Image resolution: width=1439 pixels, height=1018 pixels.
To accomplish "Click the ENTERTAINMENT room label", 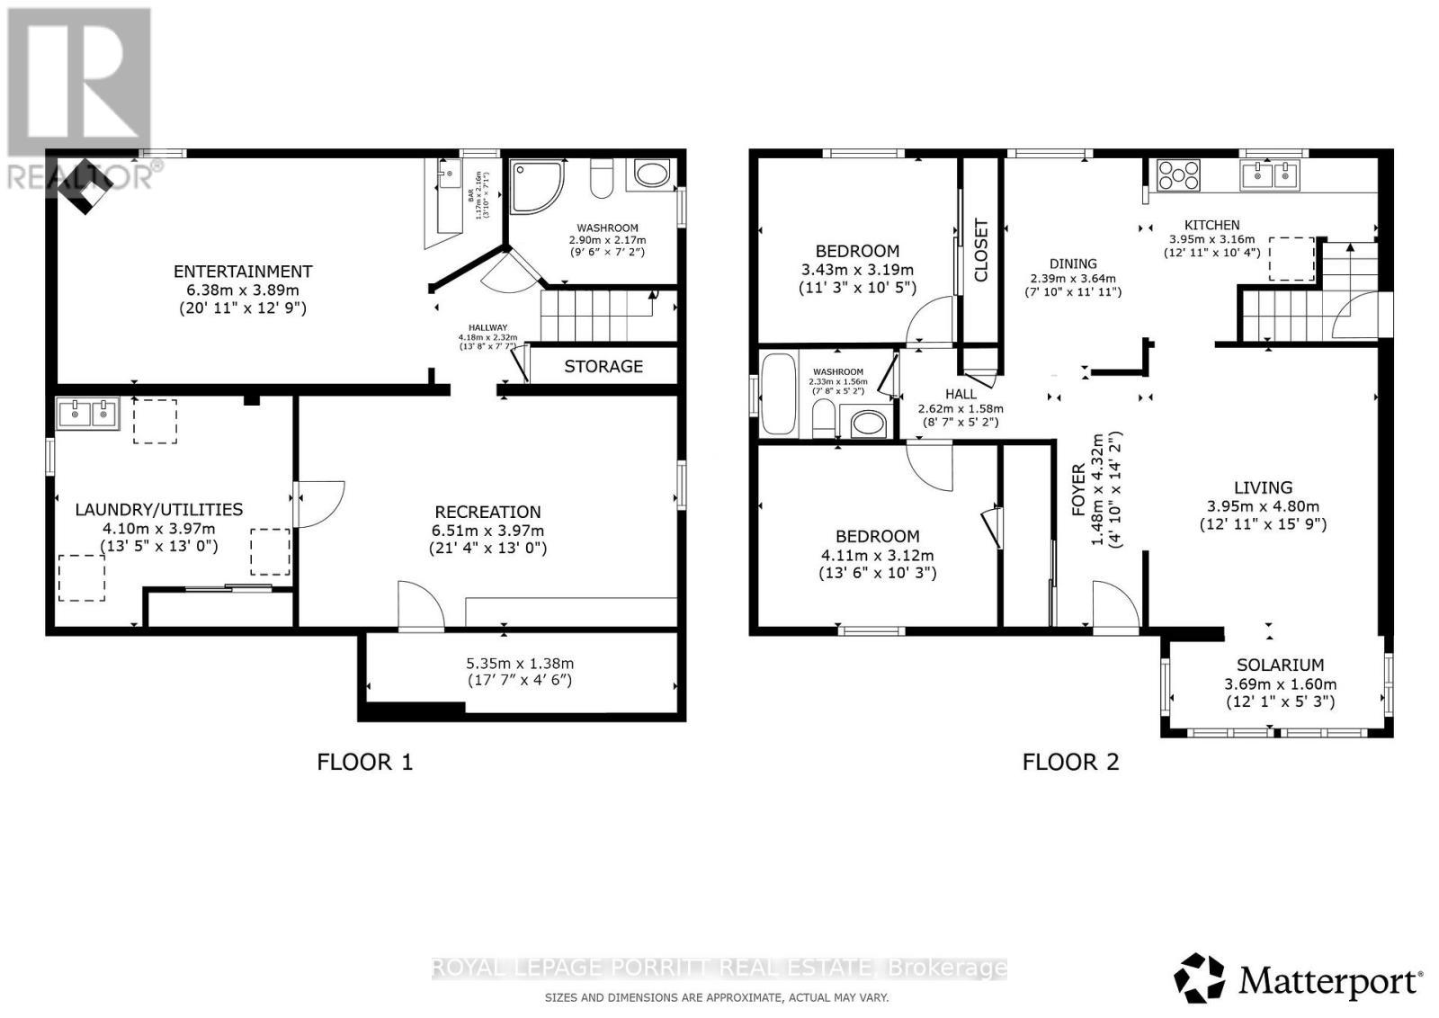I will point(242,271).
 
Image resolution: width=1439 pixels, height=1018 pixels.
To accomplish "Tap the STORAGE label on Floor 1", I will point(603,366).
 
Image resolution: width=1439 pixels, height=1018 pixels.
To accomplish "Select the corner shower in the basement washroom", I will point(536,186).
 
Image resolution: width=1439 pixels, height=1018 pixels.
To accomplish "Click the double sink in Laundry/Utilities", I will point(87,415).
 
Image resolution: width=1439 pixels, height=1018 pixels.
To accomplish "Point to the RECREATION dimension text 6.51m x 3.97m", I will point(487,531).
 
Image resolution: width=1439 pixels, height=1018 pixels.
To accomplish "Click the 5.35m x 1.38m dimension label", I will point(519,664).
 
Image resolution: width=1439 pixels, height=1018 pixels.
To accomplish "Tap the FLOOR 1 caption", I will point(364,763).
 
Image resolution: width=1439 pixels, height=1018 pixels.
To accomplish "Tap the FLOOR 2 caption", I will point(1070,763).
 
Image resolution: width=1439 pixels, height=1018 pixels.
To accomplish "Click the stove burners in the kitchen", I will point(1178,174).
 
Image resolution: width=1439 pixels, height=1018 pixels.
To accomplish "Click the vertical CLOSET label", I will point(981,251).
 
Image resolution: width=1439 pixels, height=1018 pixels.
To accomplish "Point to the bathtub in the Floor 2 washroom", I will point(778,394).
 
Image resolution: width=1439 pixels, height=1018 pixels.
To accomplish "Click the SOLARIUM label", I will point(1280,665).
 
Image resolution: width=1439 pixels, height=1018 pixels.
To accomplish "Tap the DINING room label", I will point(1073,263).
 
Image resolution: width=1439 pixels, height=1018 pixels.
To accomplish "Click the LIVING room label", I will point(1263,487).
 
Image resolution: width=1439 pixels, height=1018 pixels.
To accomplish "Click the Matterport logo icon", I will point(1200,978).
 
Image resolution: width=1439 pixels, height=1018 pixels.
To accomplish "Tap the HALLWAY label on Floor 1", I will point(487,328).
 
